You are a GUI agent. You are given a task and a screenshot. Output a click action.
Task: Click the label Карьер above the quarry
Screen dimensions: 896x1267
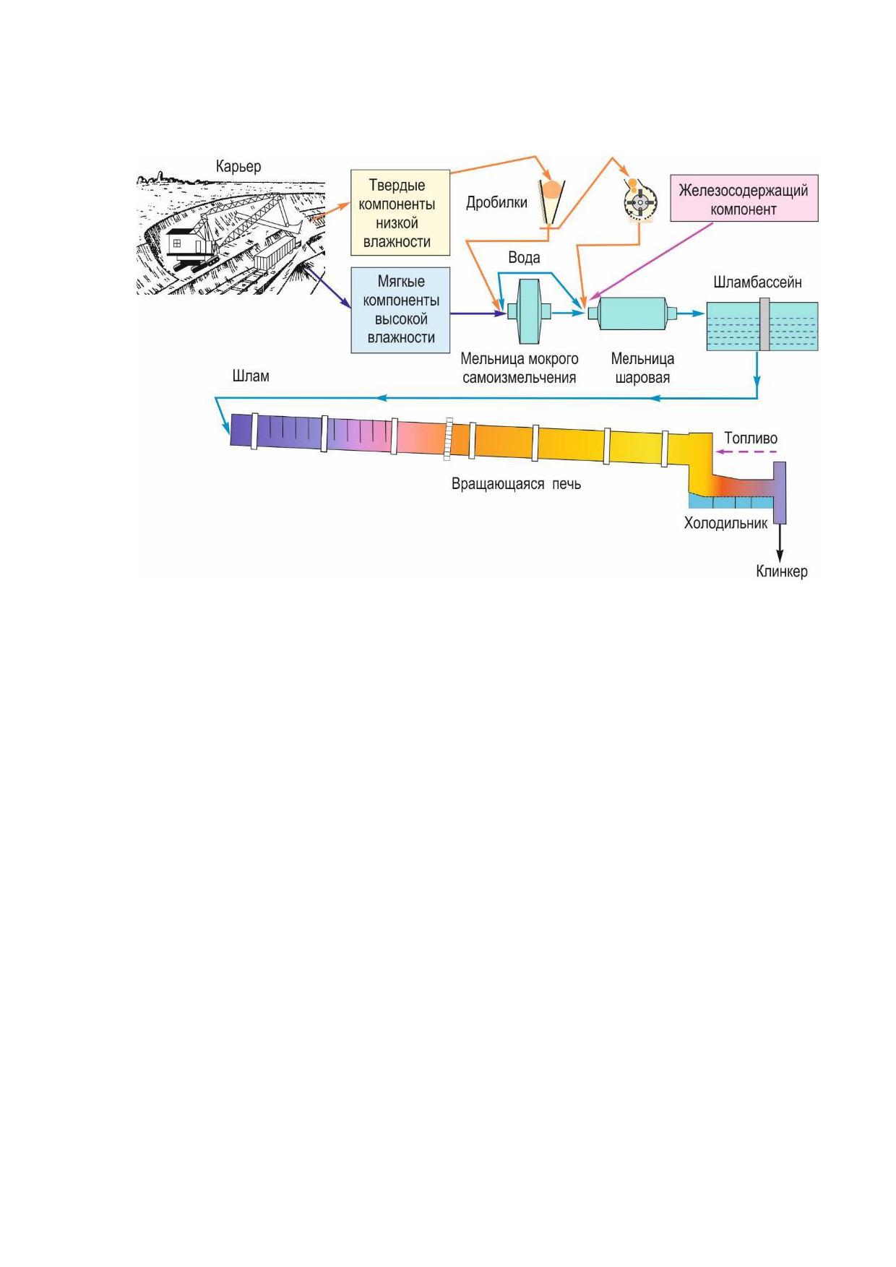point(238,167)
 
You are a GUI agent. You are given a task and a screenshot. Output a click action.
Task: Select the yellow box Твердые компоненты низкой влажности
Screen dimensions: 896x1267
point(400,212)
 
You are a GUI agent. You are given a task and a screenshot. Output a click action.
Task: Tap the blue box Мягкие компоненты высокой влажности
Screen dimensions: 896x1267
point(400,310)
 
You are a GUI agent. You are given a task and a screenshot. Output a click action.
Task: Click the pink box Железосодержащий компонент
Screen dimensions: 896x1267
point(744,198)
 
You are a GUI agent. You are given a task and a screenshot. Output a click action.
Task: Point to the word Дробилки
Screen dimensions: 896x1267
point(496,202)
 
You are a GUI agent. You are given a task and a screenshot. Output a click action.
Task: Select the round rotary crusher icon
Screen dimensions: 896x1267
point(640,201)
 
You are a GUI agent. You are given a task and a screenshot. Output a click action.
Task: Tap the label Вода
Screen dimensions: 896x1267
point(524,258)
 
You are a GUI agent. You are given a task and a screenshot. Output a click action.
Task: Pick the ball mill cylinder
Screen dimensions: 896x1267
point(632,313)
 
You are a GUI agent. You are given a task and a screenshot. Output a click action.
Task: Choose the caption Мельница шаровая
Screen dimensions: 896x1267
point(642,368)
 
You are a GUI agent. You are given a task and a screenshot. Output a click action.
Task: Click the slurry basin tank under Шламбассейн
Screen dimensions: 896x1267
point(762,326)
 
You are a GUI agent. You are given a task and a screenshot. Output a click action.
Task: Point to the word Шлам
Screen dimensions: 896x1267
point(251,376)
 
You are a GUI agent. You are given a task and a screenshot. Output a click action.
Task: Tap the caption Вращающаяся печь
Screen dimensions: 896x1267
point(516,484)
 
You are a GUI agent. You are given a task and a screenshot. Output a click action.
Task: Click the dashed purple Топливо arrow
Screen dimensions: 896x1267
point(746,452)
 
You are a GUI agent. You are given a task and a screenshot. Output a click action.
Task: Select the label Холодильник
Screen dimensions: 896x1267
point(725,524)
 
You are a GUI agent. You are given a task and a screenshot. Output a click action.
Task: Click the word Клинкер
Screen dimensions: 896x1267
point(782,571)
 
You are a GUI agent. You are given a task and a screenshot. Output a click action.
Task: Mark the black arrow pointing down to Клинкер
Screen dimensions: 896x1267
point(780,542)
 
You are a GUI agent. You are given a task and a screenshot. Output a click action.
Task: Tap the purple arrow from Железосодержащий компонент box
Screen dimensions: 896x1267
point(650,261)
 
